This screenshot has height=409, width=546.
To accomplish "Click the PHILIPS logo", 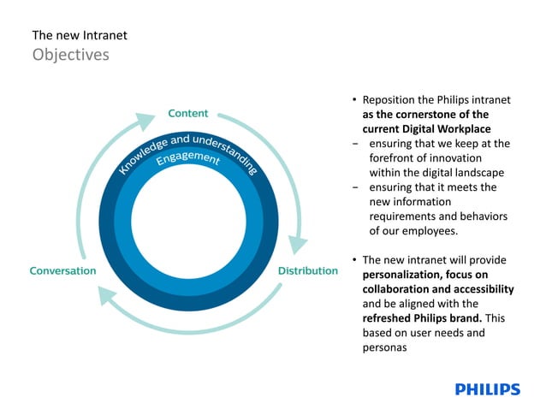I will pos(487,389).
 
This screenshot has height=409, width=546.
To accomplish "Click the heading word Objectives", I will pos(71,55).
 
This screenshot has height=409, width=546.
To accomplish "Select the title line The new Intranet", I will pos(80,35).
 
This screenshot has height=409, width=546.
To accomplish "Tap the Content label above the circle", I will pos(187,113).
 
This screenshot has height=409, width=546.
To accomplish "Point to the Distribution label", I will pos(308,271).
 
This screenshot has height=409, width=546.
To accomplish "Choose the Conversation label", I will pos(62,271).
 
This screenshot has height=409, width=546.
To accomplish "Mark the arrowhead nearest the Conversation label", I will pos(109,296).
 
